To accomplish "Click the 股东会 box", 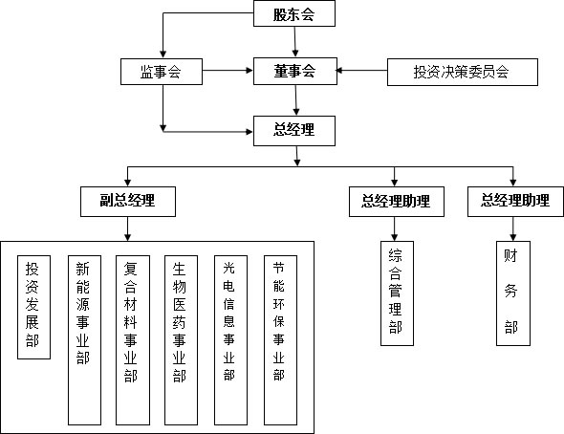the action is [294, 13].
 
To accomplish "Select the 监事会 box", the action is [162, 72].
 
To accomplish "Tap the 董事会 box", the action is [295, 71].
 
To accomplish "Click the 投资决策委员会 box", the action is [463, 72].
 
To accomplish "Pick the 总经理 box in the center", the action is [294, 131].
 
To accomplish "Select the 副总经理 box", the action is [128, 202].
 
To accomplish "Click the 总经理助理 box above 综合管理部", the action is [397, 202].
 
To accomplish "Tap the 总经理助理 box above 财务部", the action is [515, 202].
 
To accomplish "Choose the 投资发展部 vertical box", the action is [33, 307].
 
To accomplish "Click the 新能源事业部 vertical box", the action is [84, 340].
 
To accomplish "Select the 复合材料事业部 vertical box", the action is [133, 340].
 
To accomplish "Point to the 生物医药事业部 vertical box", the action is [181, 340].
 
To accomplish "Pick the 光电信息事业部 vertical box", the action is [230, 340].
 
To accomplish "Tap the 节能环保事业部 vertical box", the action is [280, 340].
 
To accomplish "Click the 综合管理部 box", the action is [397, 293].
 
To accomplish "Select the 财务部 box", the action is [513, 293].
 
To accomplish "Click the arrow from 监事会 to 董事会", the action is [228, 71].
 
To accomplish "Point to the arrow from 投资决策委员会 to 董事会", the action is [361, 71].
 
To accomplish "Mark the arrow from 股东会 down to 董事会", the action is [295, 42].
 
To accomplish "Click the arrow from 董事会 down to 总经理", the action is [296, 100].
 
